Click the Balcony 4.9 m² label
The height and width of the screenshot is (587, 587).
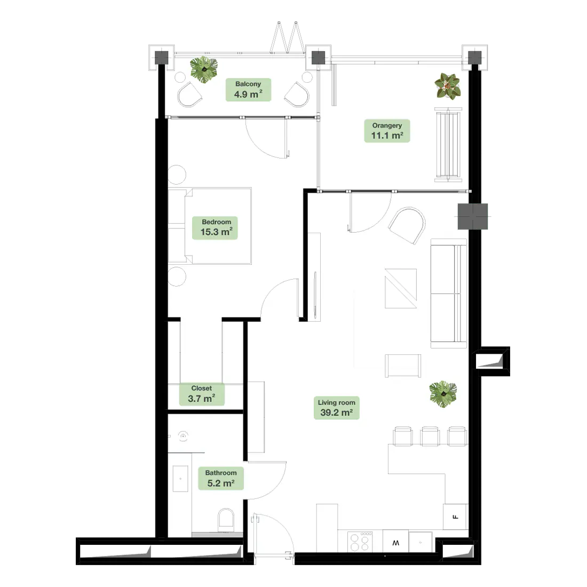click(248, 90)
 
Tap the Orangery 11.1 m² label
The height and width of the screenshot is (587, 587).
click(387, 131)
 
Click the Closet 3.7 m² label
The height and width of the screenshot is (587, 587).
click(201, 394)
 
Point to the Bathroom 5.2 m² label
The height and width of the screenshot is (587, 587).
click(221, 479)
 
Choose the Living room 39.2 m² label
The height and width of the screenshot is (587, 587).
click(337, 408)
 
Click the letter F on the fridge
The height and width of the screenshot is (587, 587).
click(456, 517)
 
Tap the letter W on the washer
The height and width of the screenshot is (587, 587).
click(396, 543)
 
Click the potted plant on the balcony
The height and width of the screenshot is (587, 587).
click(204, 69)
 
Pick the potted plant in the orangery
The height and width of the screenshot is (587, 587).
click(448, 86)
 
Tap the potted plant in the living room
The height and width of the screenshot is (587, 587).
click(443, 394)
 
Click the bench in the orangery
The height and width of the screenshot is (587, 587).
click(448, 145)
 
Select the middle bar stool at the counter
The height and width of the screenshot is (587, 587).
click(430, 436)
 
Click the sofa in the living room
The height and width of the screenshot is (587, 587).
click(449, 293)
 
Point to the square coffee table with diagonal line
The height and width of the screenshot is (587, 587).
click(401, 288)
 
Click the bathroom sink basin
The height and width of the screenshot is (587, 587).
click(180, 479)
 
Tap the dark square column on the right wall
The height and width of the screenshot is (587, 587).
click(473, 216)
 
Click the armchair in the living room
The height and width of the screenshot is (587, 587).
click(407, 226)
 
